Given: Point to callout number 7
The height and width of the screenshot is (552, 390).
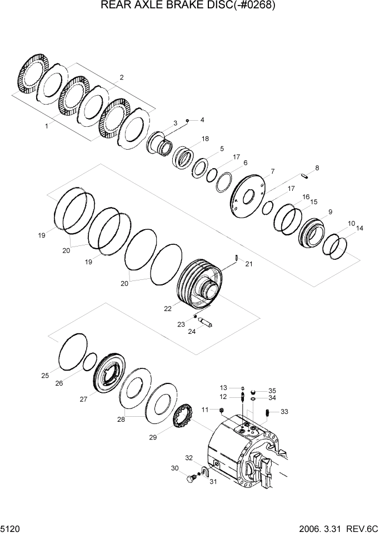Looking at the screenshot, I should (273, 171).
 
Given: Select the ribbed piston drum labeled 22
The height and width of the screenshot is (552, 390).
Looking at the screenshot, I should (201, 284).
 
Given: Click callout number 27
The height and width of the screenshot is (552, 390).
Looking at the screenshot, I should (84, 399).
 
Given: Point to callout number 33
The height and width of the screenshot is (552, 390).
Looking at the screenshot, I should (284, 412).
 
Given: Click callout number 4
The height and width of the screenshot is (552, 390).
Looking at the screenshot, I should (202, 120).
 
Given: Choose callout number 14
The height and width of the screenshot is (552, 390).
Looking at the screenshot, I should (360, 228).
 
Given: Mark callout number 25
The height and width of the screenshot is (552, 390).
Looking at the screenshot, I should (45, 376).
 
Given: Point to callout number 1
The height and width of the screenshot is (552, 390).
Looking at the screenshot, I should (47, 126).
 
